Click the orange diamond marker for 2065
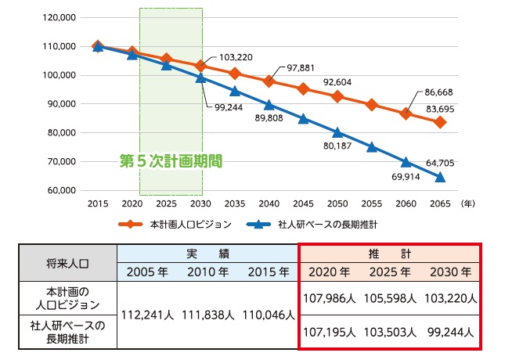point(441,122)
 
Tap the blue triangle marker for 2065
point(441,177)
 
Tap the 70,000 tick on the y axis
point(61,161)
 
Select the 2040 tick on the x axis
point(269,202)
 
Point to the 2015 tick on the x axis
point(98,202)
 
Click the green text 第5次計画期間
point(171,161)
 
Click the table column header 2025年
point(390,272)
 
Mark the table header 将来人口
point(70,264)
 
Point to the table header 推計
point(389,254)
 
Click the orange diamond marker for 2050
point(337,96)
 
